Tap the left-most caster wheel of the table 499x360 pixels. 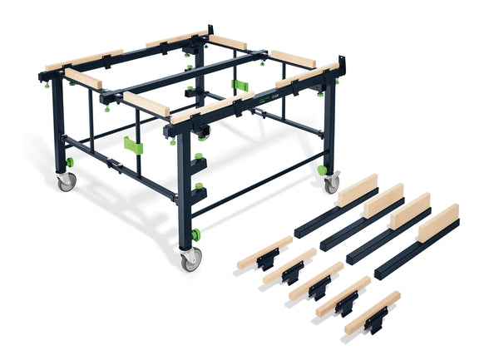coord(67,181)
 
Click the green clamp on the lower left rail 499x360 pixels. coord(133,145)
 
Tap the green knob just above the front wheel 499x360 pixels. coord(195,234)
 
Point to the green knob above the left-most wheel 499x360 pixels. coord(70,161)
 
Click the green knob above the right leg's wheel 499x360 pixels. coord(322,170)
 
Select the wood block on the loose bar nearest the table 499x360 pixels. coord(358,190)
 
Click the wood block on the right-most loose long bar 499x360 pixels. coord(437,223)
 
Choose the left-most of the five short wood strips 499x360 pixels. coord(264,251)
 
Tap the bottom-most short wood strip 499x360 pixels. coord(372,311)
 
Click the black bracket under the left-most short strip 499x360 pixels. coord(268,263)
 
